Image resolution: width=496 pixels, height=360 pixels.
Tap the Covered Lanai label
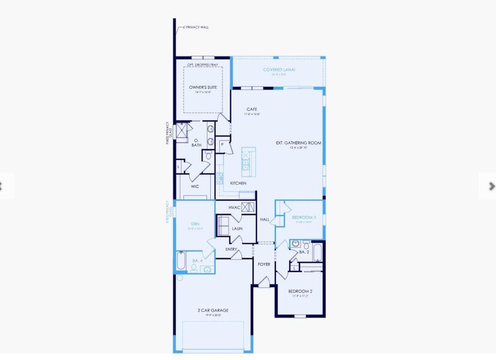tap(279, 70)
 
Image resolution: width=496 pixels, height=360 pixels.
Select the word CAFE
tap(252, 110)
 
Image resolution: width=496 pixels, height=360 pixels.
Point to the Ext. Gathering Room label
tap(298, 143)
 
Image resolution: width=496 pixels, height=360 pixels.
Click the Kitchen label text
tap(238, 183)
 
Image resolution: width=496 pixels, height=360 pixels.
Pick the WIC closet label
tap(195, 186)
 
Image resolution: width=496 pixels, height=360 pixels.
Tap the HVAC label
tap(234, 207)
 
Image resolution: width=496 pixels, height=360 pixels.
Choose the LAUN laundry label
tap(237, 228)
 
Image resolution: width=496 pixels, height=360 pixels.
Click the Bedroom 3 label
tap(304, 218)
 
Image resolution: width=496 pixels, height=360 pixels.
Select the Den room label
tap(195, 224)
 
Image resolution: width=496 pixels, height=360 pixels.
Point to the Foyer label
tap(264, 264)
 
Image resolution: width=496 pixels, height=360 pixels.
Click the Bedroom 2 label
tap(300, 291)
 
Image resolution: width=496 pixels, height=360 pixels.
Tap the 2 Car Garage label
tap(213, 310)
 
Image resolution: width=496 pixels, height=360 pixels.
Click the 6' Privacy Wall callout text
tap(197, 27)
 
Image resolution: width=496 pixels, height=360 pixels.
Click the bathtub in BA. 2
tap(318, 252)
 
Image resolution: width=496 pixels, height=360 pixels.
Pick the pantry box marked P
tap(222, 144)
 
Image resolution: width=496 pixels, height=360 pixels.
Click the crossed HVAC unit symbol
tap(248, 207)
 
